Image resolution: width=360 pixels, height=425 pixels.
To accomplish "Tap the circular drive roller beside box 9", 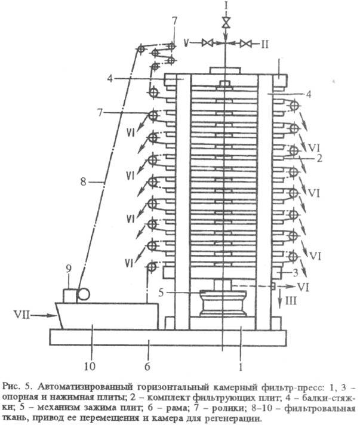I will tap(84, 294).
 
